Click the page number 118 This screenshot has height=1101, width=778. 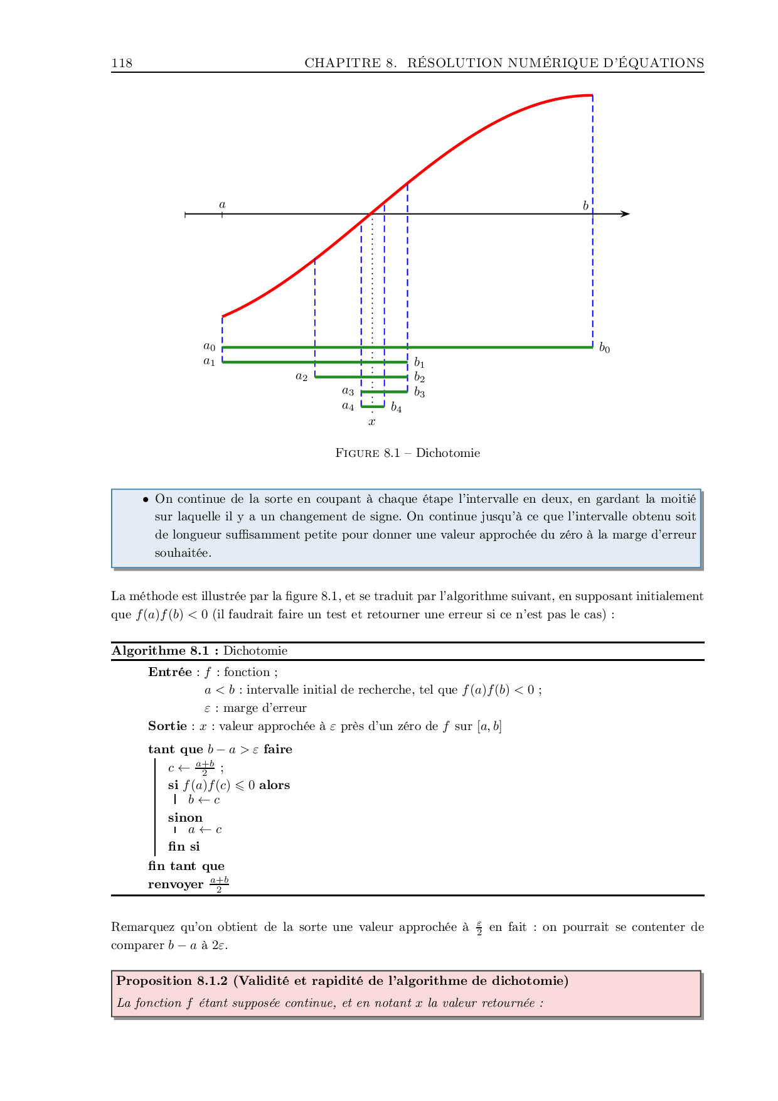pos(122,63)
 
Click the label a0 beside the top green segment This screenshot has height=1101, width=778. pos(209,346)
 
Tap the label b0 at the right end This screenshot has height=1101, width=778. pos(604,348)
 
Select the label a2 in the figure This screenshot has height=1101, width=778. pos(302,377)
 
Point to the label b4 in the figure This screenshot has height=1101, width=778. pos(396,408)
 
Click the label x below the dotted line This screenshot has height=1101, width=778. pos(372,422)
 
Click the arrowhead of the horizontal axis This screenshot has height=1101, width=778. pos(625,214)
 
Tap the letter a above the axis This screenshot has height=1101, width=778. pos(222,205)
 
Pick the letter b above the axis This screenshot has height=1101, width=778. pos(585,206)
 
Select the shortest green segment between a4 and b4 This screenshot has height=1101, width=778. pos(373,407)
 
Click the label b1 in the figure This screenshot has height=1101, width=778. pos(419,363)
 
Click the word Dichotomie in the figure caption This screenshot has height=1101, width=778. pos(447,453)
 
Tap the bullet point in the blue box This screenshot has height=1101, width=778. pos(146,500)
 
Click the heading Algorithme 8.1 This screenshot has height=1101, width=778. pos(164,651)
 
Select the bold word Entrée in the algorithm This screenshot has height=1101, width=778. pos(170,672)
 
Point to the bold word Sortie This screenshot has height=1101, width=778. pos(168,726)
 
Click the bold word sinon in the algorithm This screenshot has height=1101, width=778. pos(185,818)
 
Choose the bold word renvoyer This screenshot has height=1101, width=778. pos(176,884)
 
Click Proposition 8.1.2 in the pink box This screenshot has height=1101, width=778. pos(172,981)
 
